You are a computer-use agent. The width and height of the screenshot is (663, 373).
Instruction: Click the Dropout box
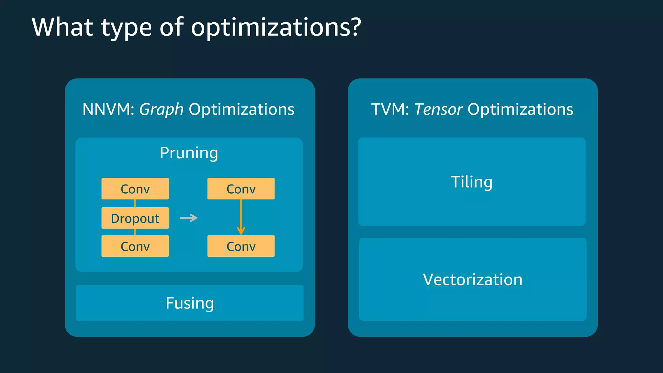(x=135, y=218)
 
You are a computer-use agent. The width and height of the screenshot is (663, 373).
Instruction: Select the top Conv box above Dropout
(x=135, y=189)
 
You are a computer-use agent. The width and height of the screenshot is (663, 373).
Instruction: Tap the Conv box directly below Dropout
(x=135, y=246)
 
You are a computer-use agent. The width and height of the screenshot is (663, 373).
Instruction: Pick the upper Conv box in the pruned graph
(x=241, y=189)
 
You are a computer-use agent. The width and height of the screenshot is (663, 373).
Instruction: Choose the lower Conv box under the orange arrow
(x=241, y=246)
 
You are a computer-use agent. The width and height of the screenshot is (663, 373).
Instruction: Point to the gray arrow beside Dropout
(x=189, y=218)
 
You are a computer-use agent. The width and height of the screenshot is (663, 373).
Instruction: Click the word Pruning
(x=189, y=153)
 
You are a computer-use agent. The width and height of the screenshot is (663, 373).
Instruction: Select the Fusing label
(x=190, y=303)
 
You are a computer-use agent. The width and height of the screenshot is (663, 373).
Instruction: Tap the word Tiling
(x=472, y=182)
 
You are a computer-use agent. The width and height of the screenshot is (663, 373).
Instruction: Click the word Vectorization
(x=473, y=279)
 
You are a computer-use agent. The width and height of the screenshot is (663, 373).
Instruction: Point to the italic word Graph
(x=161, y=109)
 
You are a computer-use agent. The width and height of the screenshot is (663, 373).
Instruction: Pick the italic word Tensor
(x=438, y=109)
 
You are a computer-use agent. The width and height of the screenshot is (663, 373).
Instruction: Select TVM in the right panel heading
(x=388, y=109)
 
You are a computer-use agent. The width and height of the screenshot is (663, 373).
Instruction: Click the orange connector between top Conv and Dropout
(x=135, y=203)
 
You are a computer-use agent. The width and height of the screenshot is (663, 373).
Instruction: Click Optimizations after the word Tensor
(x=520, y=109)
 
